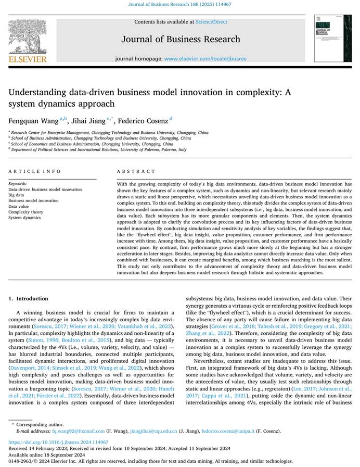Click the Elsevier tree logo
point(28,37)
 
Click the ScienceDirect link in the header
point(211,22)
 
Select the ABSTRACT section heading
point(136,171)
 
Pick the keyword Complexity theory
point(25,212)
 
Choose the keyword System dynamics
point(24,218)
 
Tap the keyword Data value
point(19,206)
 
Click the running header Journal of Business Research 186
point(179,4)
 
